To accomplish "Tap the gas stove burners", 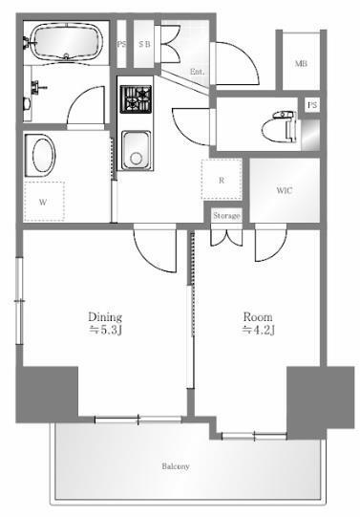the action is pos(136,99).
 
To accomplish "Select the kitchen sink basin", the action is pos(136,150).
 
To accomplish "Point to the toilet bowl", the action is pos(279,127).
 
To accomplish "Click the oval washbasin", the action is pos(41,156).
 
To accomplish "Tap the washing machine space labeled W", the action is pos(44,201).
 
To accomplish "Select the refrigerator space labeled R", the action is pos(222,180).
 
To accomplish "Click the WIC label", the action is pos(285,190).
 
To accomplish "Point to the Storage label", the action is pos(226,216).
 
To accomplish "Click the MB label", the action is pos(301,64).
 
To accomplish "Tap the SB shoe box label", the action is pos(144,44).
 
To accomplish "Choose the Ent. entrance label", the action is pos(197,72).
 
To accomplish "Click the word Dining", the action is pos(105,317).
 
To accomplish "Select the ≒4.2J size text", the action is pos(258,330).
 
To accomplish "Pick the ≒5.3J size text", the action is pos(106,330).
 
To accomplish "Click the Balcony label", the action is pos(176,466).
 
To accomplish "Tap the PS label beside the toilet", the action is pos(312,105).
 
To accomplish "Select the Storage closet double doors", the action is pos(226,237).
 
